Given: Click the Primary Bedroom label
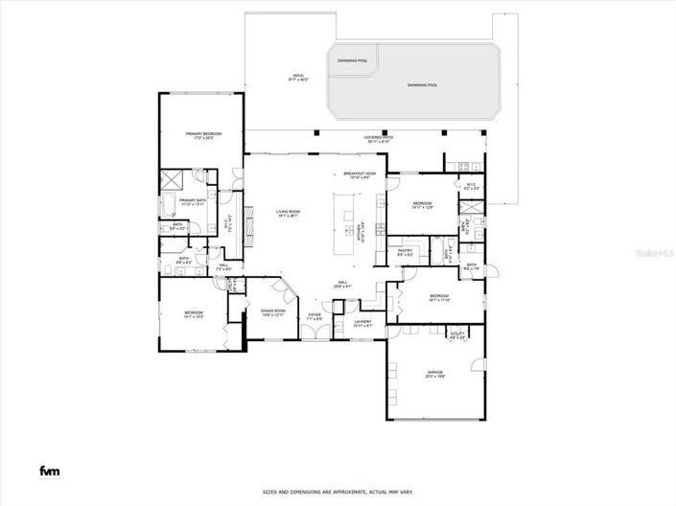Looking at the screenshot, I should (x=203, y=135).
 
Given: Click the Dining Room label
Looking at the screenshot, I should (x=273, y=311).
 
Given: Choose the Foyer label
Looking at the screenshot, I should (x=315, y=315).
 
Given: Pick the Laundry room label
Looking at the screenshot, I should (x=362, y=323).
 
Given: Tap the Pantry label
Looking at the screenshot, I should (x=406, y=252).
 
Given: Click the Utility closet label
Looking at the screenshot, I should (x=457, y=335).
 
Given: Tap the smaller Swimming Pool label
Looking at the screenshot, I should (x=352, y=59).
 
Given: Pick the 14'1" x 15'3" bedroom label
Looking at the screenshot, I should (x=192, y=314).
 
